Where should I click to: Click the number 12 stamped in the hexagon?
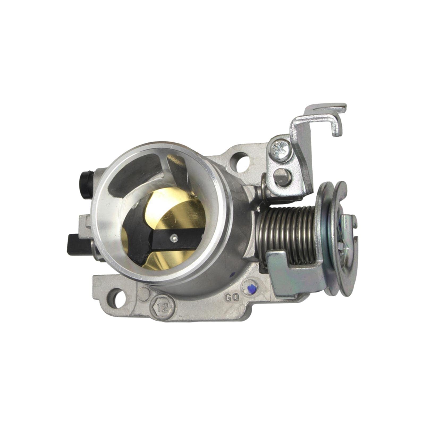pyautogui.click(x=163, y=308)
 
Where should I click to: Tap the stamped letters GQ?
pyautogui.click(x=232, y=297)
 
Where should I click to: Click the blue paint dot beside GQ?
pyautogui.click(x=250, y=288)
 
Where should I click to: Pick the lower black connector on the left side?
pyautogui.click(x=78, y=244)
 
